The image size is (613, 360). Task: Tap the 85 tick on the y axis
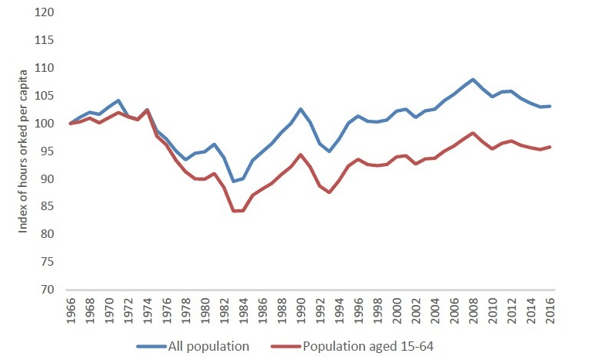coord(52,207)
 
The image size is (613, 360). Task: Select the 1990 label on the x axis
coord(302,311)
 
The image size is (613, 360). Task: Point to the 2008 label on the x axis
coord(473,311)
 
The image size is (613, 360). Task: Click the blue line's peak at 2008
coord(472,80)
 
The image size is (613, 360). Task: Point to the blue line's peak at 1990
coord(302,109)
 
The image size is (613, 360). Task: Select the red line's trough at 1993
coord(330,192)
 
